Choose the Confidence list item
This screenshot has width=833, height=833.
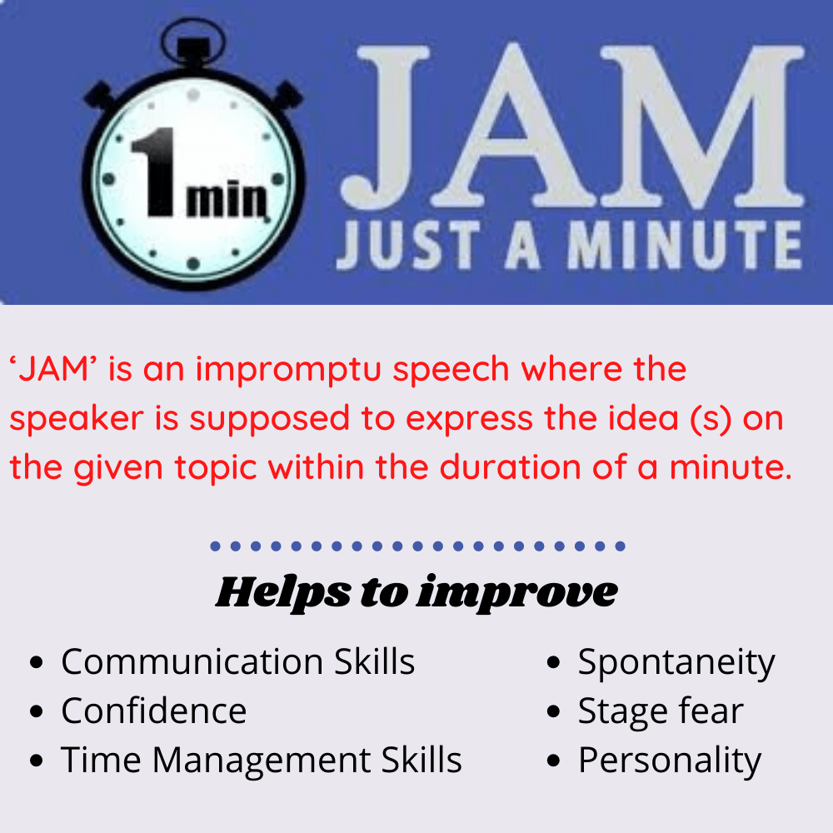pos(153,711)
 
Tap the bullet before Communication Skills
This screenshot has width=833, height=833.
pos(36,664)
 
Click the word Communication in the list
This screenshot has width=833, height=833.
pos(192,663)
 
